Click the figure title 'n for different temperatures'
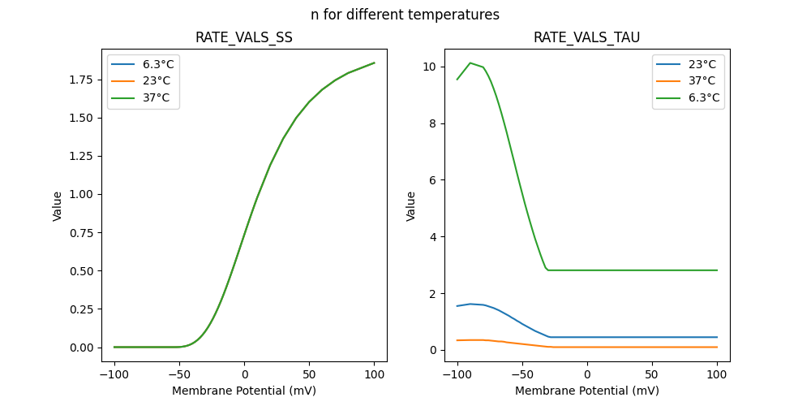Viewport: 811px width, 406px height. (x=405, y=15)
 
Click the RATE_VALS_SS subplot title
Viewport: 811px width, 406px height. (x=244, y=38)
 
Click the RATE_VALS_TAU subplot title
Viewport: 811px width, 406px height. (x=587, y=38)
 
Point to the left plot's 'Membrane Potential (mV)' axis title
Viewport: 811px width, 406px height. (x=244, y=391)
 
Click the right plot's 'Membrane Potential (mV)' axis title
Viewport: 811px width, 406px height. (x=587, y=391)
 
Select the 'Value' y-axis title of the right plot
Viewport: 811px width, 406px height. (x=411, y=206)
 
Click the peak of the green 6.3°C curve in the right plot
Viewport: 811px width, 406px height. (x=470, y=63)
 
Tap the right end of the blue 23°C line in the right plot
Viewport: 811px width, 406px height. (x=717, y=337)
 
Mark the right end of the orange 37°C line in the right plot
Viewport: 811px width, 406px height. (x=717, y=347)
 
